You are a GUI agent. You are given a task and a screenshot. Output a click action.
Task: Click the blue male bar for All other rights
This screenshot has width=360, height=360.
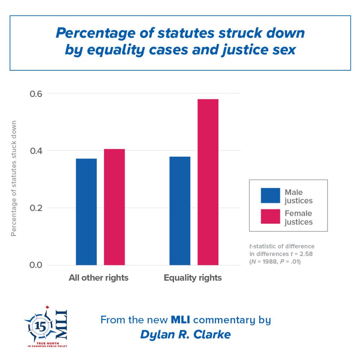tap(86, 212)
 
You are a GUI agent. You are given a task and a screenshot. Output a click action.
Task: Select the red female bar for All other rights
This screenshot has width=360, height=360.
tap(114, 207)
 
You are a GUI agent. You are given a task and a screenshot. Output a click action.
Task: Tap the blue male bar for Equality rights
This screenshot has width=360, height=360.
tap(180, 211)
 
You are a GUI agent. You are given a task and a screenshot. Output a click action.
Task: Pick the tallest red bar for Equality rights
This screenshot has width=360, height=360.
tap(208, 182)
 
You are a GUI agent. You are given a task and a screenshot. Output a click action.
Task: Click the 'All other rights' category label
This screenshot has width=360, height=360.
tap(98, 278)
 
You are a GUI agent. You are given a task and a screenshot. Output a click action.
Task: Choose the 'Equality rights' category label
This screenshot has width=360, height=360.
tap(193, 278)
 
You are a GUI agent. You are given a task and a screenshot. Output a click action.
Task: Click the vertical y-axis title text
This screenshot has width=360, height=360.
tap(14, 179)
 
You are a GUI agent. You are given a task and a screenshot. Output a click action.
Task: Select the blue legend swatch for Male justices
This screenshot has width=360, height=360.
tap(270, 195)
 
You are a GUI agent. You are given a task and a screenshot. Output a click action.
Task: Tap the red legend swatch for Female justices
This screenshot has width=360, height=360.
tap(270, 217)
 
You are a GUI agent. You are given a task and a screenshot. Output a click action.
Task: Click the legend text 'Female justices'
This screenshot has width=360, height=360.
tap(298, 218)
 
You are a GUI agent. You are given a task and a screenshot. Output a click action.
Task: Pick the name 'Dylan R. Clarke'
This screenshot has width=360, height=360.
tap(185, 334)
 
